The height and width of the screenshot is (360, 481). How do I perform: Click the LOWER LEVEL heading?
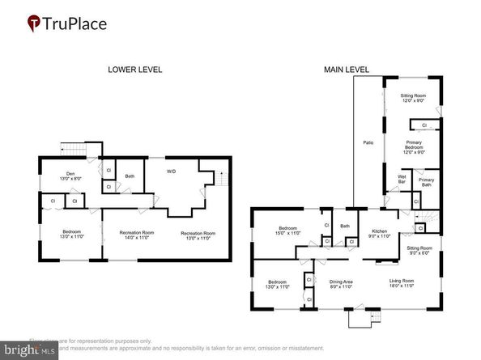pyautogui.click(x=135, y=70)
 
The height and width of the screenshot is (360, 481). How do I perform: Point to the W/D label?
pyautogui.click(x=172, y=172)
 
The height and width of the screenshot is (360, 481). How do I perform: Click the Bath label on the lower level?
pyautogui.click(x=130, y=176)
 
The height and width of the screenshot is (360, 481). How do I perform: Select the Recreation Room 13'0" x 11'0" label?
pyautogui.click(x=198, y=235)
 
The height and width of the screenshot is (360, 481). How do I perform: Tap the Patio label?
pyautogui.click(x=368, y=142)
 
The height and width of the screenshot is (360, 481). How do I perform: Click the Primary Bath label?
pyautogui.click(x=426, y=182)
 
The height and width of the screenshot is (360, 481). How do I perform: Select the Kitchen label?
pyautogui.click(x=374, y=234)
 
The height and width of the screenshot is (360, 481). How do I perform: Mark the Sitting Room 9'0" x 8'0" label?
pyautogui.click(x=419, y=250)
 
